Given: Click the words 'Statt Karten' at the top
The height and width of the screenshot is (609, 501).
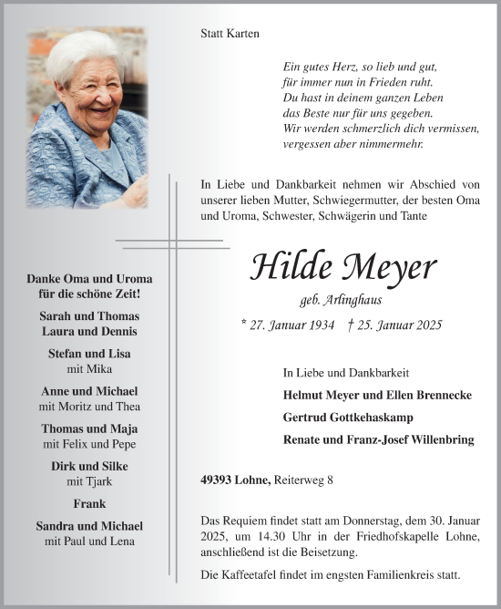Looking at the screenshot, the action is coord(230,34).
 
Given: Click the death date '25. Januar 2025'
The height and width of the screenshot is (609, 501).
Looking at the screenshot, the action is coord(387,325).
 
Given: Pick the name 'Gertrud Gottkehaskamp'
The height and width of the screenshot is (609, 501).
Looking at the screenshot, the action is coord(348,417).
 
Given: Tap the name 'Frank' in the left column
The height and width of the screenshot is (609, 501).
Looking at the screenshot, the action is coord(89,503).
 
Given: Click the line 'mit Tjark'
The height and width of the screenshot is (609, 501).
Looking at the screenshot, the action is coord(89,480).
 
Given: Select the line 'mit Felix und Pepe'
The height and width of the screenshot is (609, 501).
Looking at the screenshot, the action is coord(89,443).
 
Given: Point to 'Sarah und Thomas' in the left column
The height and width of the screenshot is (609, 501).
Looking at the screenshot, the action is coord(89,316).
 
